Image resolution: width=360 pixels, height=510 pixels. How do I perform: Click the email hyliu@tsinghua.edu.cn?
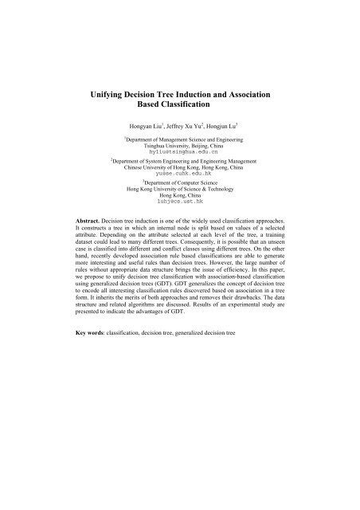[x=179, y=153]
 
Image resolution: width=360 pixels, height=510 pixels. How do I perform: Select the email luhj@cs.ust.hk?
[x=179, y=203]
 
